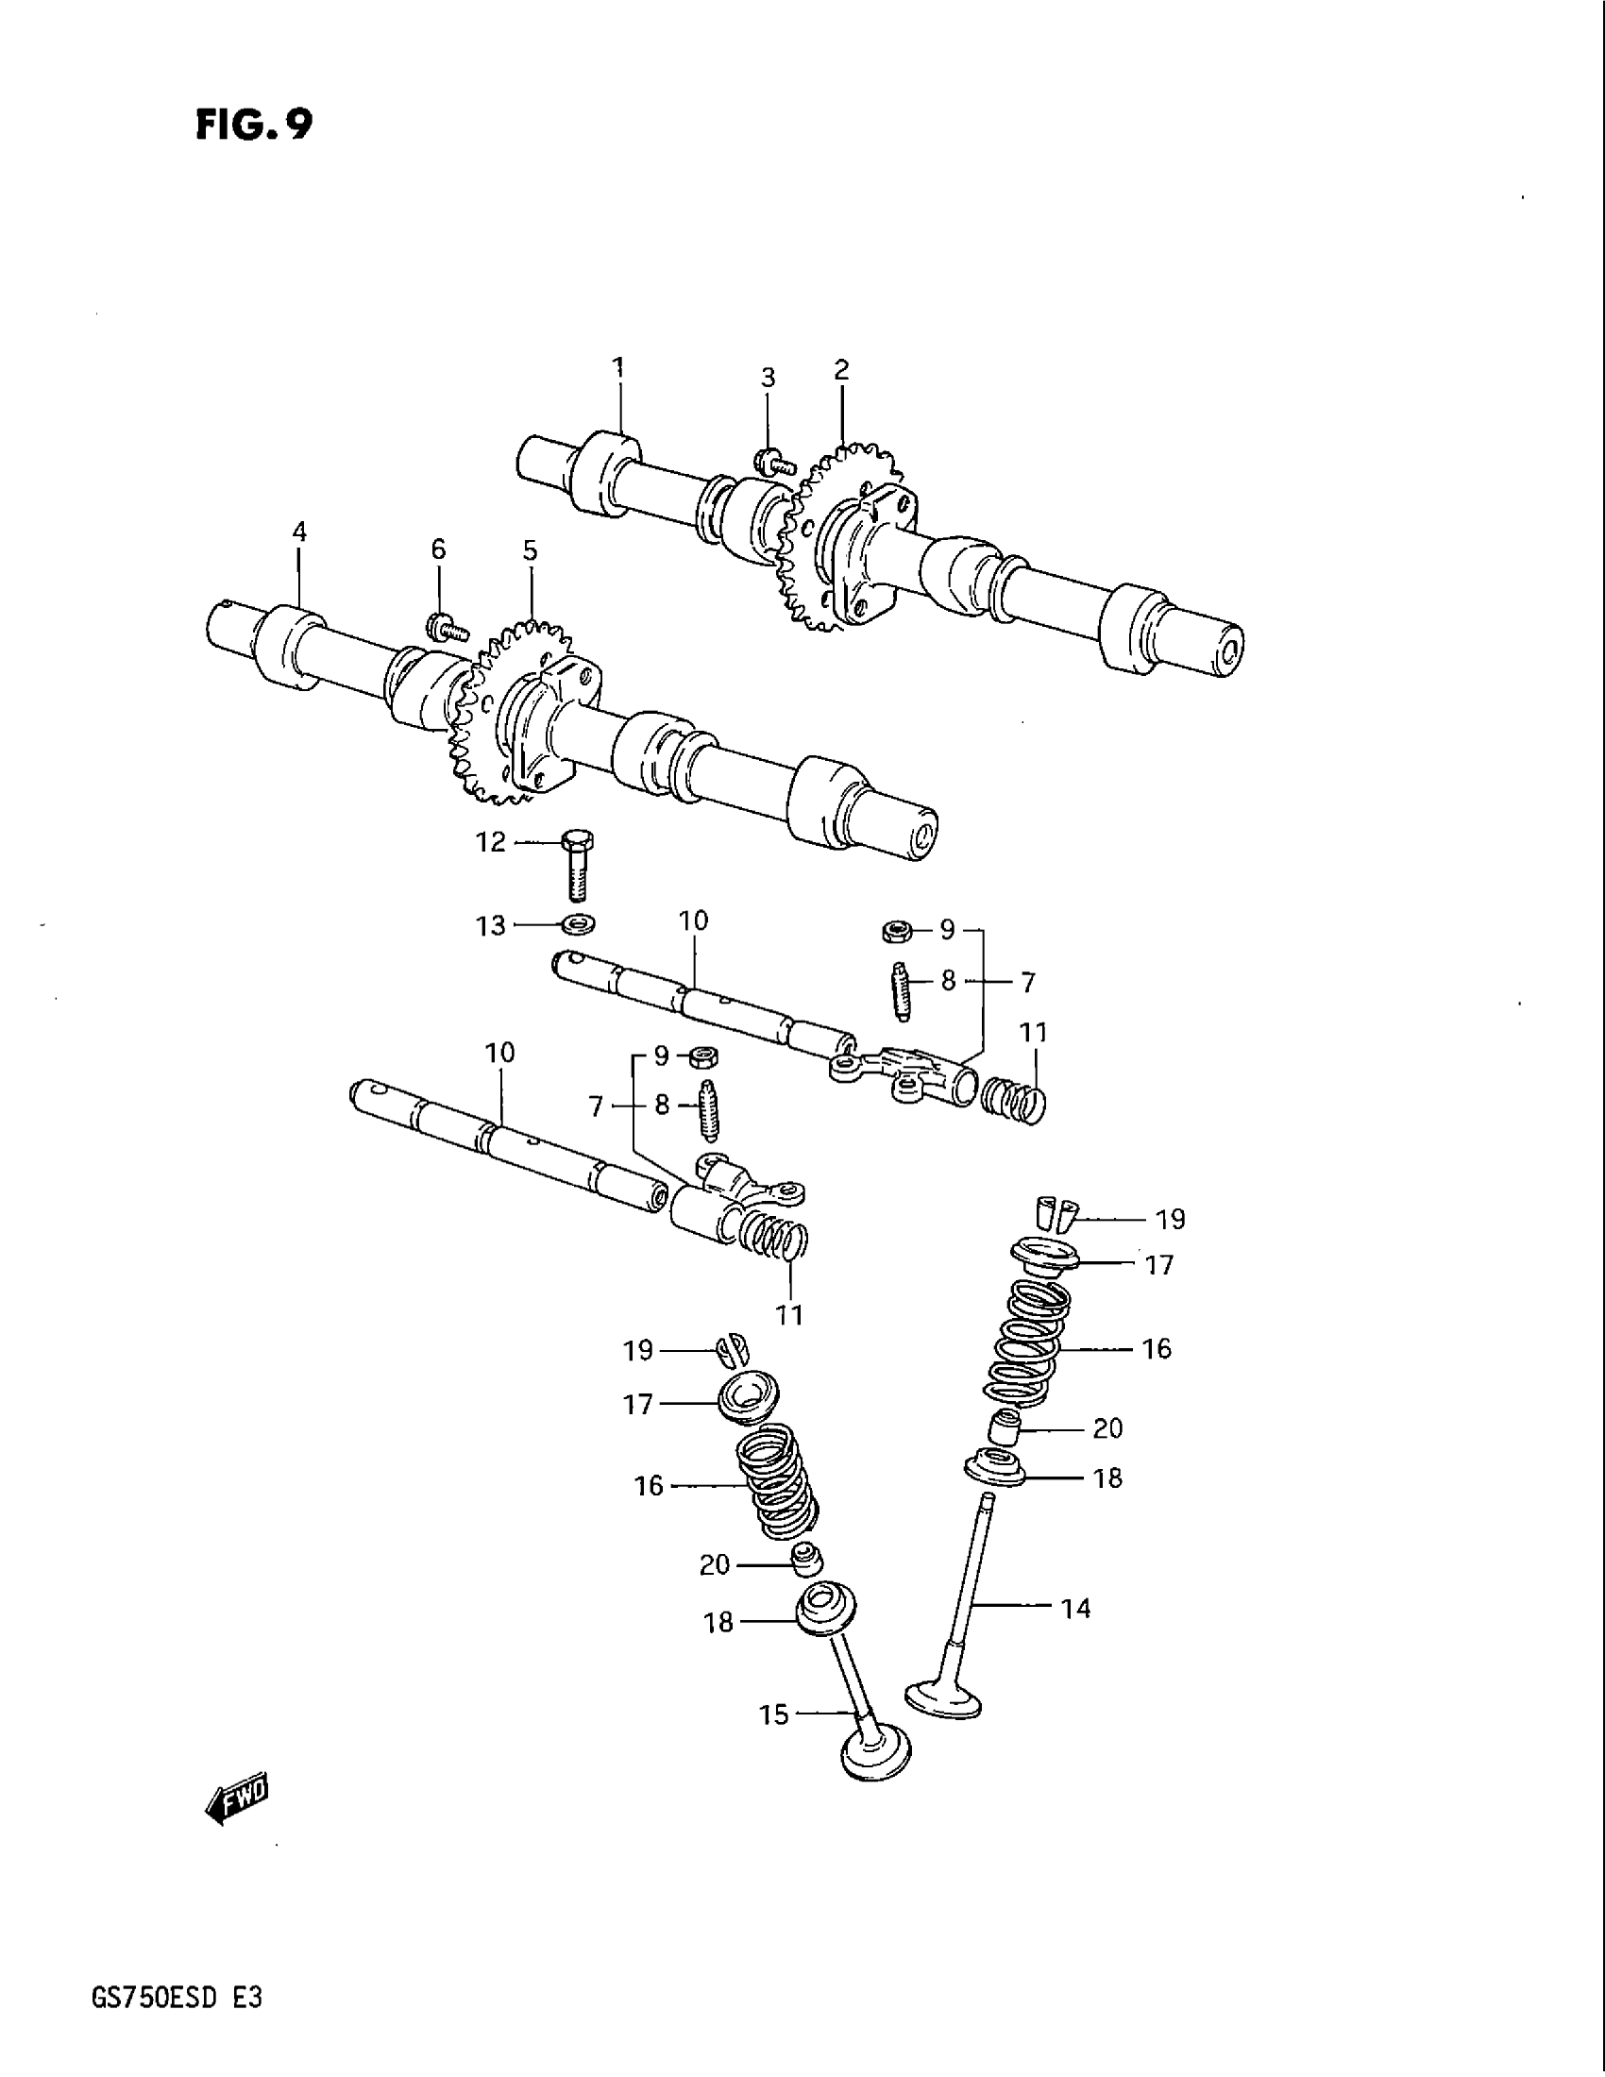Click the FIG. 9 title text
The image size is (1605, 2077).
pos(253,124)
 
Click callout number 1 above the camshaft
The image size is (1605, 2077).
pos(618,367)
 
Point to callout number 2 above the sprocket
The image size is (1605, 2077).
pos(841,369)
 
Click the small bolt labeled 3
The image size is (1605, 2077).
pos(771,463)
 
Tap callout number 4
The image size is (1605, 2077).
pos(299,532)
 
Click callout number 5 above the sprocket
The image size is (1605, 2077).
pos(530,550)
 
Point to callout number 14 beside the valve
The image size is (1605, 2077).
pos(1075,1609)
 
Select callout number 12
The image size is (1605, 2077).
pos(491,842)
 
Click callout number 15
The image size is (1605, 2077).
pos(774,1714)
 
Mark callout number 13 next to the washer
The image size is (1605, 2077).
pos(491,925)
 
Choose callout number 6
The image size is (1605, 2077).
pos(438,549)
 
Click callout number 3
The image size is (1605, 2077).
pos(768,378)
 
